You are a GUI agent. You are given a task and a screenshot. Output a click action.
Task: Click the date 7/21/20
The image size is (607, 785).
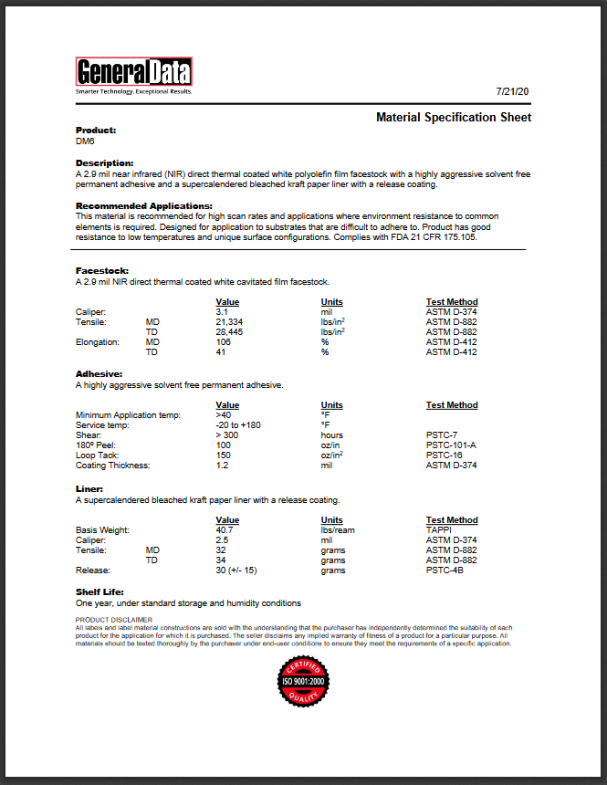(x=513, y=92)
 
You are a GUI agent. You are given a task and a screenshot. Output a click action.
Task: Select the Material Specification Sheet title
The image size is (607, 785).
(x=454, y=118)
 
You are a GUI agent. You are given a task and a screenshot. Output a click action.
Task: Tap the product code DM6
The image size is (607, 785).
(x=84, y=141)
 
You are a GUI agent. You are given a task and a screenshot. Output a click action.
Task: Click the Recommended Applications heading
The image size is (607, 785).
(x=143, y=205)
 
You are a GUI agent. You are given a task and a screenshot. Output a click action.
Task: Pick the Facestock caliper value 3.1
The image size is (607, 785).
(x=221, y=312)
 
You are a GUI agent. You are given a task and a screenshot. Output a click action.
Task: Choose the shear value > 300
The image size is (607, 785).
(x=226, y=435)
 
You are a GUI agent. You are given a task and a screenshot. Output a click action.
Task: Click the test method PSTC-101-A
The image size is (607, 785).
(x=451, y=445)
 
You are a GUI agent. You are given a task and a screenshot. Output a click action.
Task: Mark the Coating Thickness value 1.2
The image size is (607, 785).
(x=221, y=466)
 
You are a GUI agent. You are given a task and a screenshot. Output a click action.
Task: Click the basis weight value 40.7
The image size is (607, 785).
(x=224, y=530)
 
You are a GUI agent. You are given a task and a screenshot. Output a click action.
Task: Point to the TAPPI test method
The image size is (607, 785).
(x=440, y=530)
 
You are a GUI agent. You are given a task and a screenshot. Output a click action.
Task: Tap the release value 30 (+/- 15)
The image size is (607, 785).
(x=235, y=570)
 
